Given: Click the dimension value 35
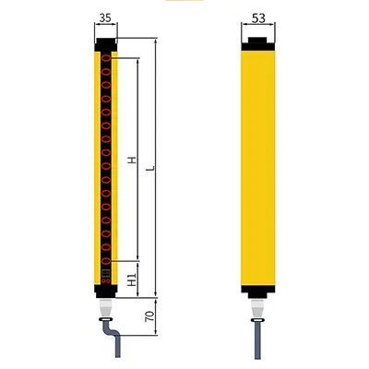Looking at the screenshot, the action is (x=105, y=18).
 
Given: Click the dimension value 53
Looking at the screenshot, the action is (x=258, y=18).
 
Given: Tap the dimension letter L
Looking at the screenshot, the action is (x=150, y=168).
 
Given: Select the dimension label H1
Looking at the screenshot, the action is (x=132, y=280).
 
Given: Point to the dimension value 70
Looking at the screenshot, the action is (x=149, y=316).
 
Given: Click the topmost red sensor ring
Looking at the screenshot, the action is (x=106, y=58).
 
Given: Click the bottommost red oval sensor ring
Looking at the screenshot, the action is (x=106, y=261).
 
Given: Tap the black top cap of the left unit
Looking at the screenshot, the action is (x=106, y=44).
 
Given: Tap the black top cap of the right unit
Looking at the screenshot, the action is (x=258, y=44).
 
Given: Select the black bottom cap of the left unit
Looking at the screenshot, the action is (x=106, y=292).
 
